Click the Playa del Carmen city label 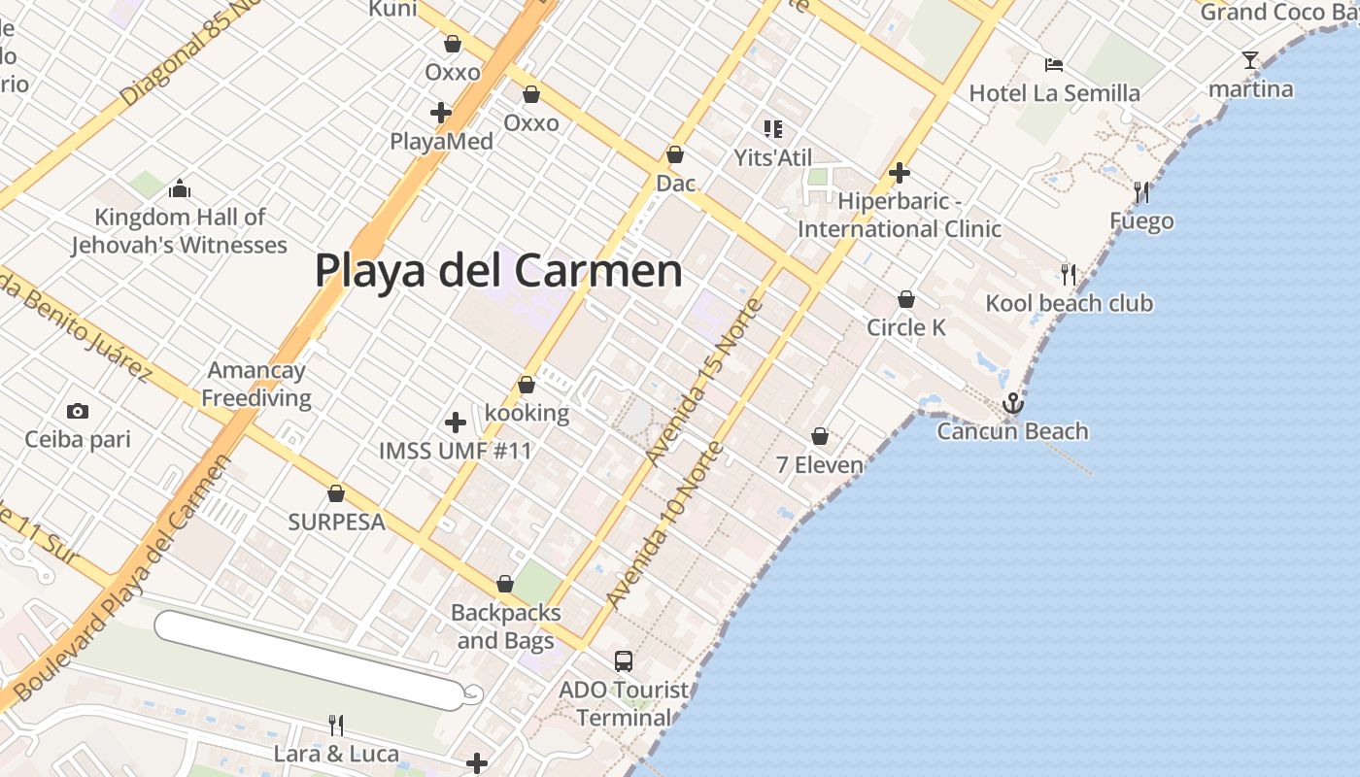click(498, 271)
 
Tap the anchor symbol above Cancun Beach click(1013, 402)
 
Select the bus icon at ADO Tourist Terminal click(624, 661)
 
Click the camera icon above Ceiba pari click(78, 412)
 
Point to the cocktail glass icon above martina click(1250, 60)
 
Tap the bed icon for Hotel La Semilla click(1054, 65)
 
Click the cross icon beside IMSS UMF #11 click(455, 422)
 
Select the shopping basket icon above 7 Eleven click(820, 436)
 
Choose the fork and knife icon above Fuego click(1141, 192)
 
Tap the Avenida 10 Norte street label click(664, 525)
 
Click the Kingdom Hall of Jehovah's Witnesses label click(180, 231)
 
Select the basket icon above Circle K click(906, 299)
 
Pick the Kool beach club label click(1069, 303)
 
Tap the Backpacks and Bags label click(506, 626)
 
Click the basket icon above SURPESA click(336, 494)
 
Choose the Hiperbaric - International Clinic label click(900, 216)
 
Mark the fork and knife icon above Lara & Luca click(336, 726)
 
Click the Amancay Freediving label click(256, 384)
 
